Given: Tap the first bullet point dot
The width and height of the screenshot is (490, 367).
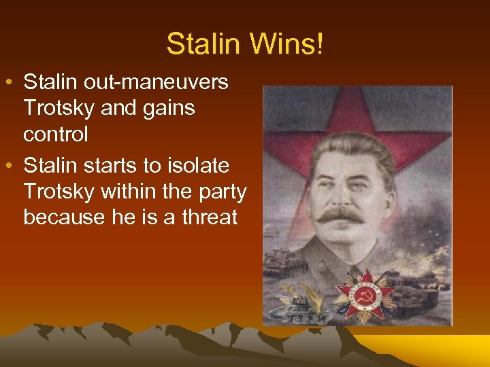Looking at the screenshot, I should coord(13,83).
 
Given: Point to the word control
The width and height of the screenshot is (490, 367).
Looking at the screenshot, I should coord(55,134).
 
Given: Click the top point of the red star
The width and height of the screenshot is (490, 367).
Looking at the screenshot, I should coord(353,92).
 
